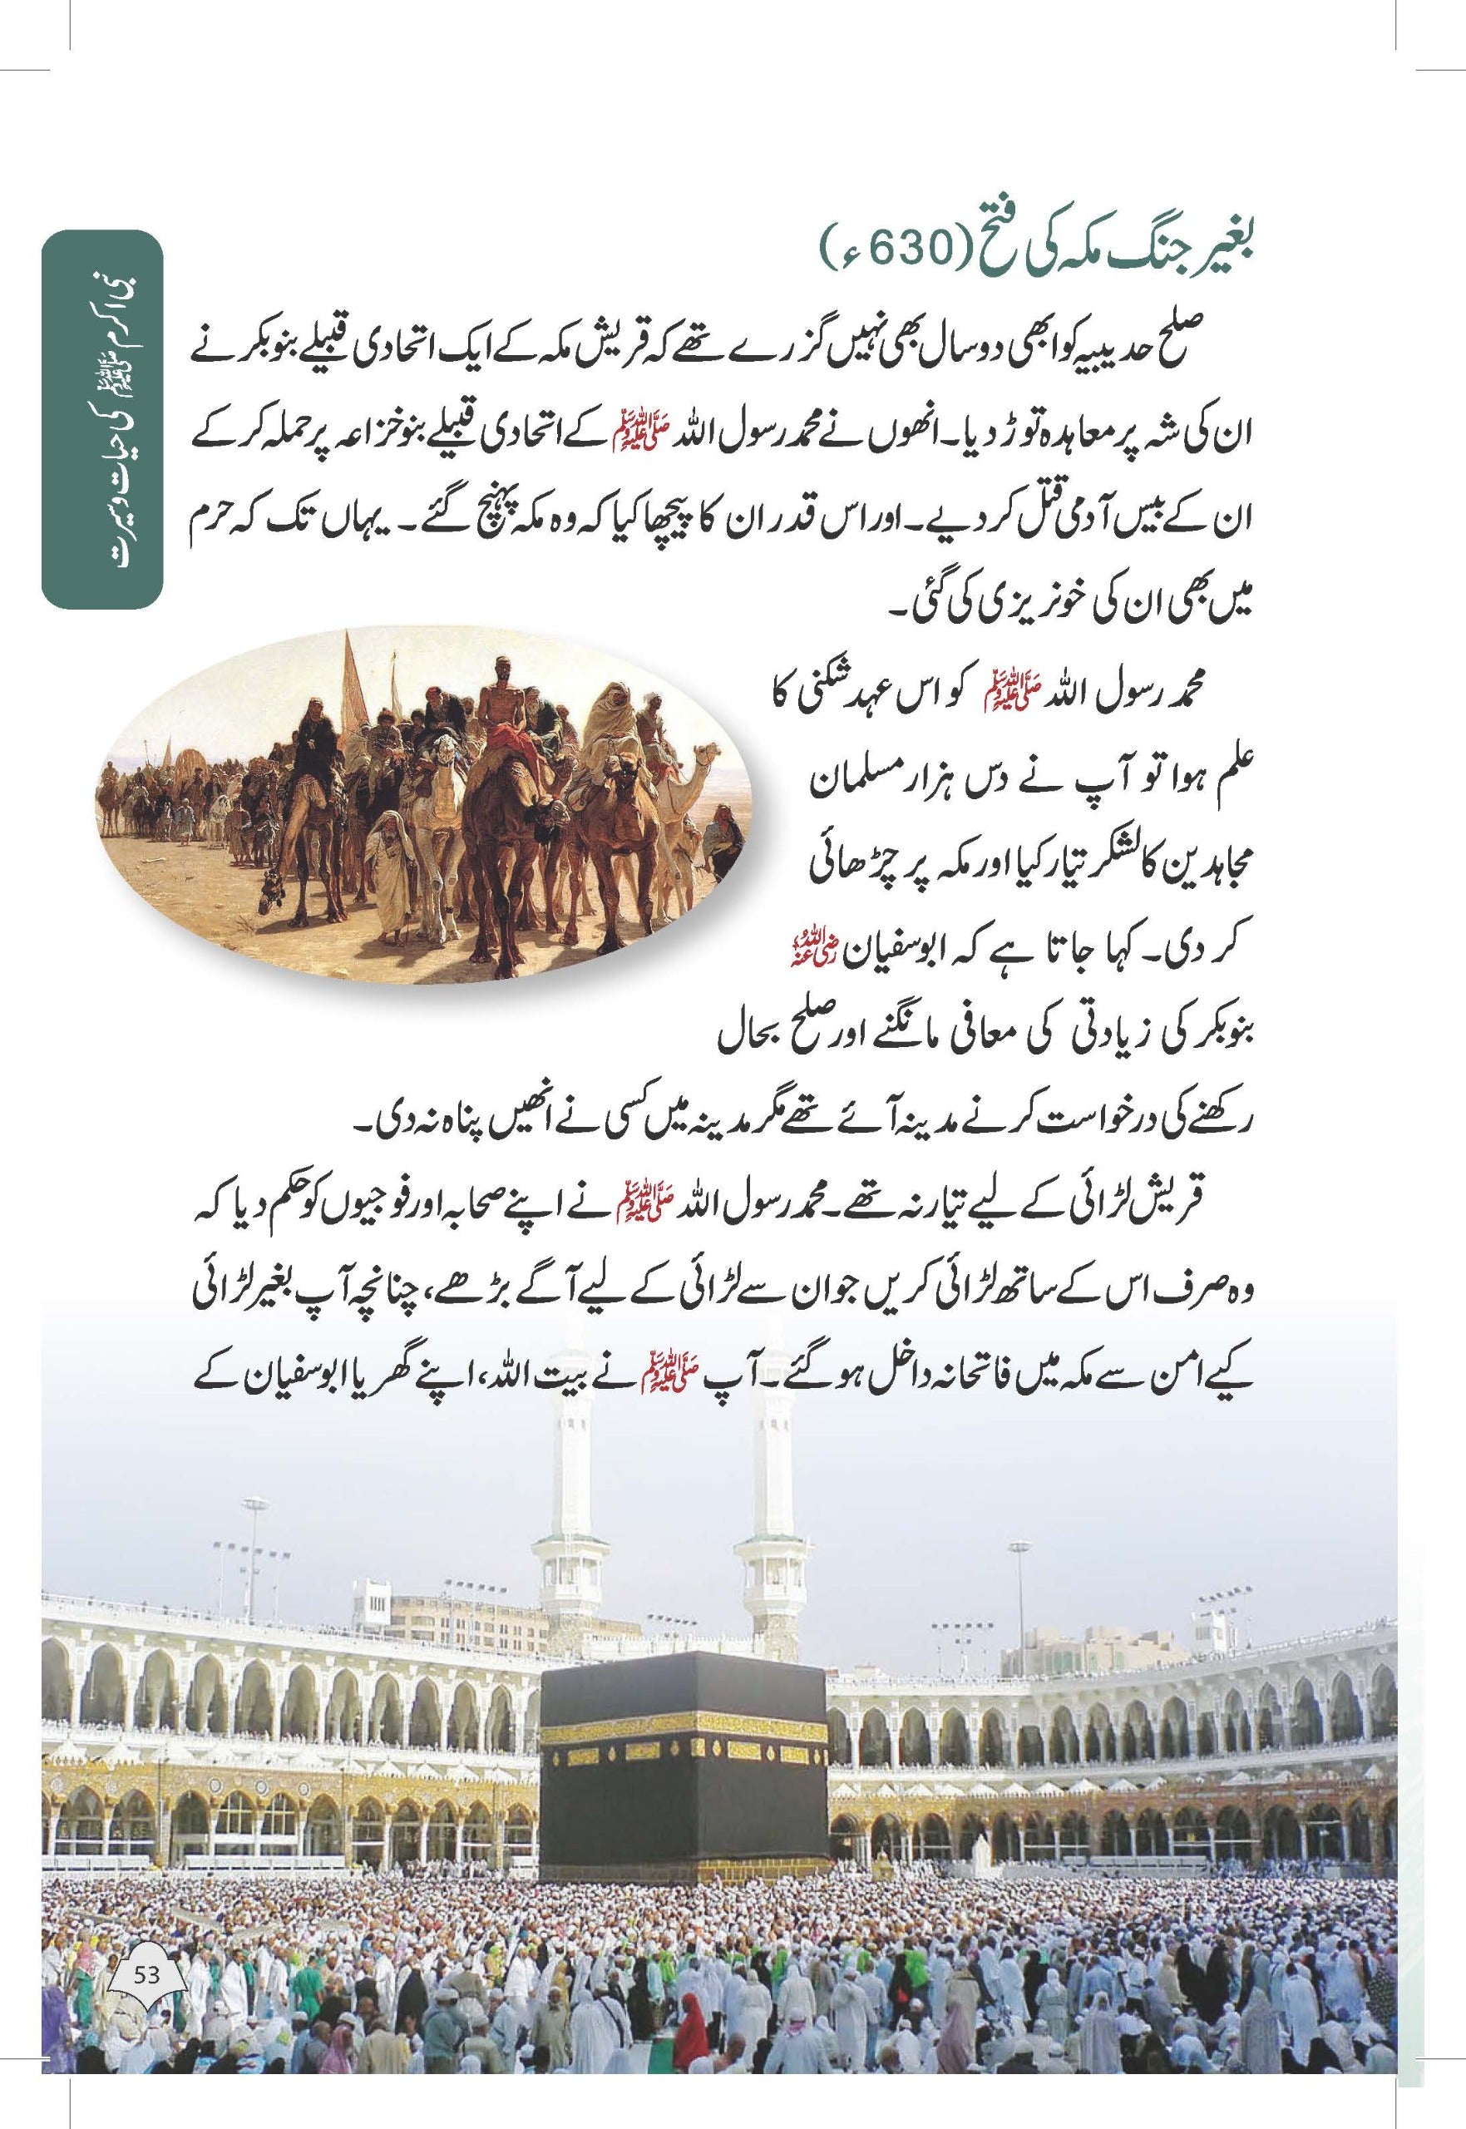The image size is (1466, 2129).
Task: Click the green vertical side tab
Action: (x=102, y=418)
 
